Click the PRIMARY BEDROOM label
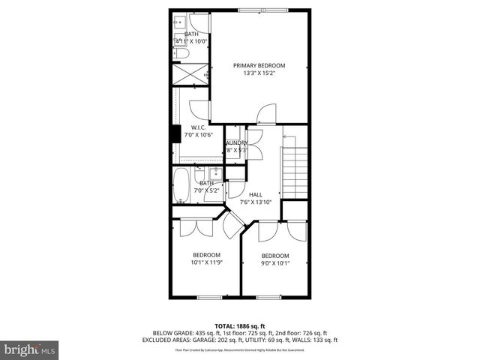pyautogui.click(x=259, y=65)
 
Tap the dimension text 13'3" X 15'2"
pyautogui.click(x=259, y=73)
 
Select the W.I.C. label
pyautogui.click(x=199, y=127)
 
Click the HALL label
pyautogui.click(x=256, y=193)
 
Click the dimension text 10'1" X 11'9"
pyautogui.click(x=206, y=262)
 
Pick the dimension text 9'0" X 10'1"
pyautogui.click(x=274, y=262)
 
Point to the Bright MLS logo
pyautogui.click(x=30, y=349)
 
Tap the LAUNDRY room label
pyautogui.click(x=236, y=142)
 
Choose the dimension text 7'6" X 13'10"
pyautogui.click(x=256, y=202)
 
